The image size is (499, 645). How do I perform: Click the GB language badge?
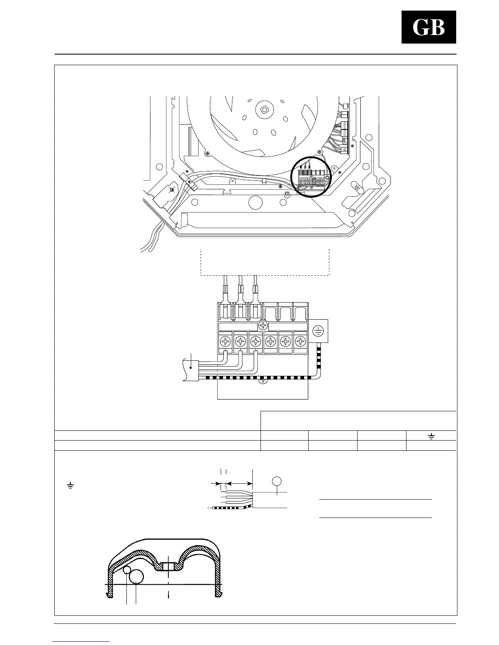coord(428,27)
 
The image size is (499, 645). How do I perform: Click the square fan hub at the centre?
coord(264,109)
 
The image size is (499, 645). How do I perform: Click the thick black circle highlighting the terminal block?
coord(312,178)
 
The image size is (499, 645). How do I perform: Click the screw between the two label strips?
coord(263,325)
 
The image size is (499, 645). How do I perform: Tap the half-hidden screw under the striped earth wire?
coord(263,381)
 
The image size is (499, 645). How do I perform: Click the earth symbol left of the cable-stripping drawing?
coord(71,486)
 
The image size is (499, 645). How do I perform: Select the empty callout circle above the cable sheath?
coord(277,481)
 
